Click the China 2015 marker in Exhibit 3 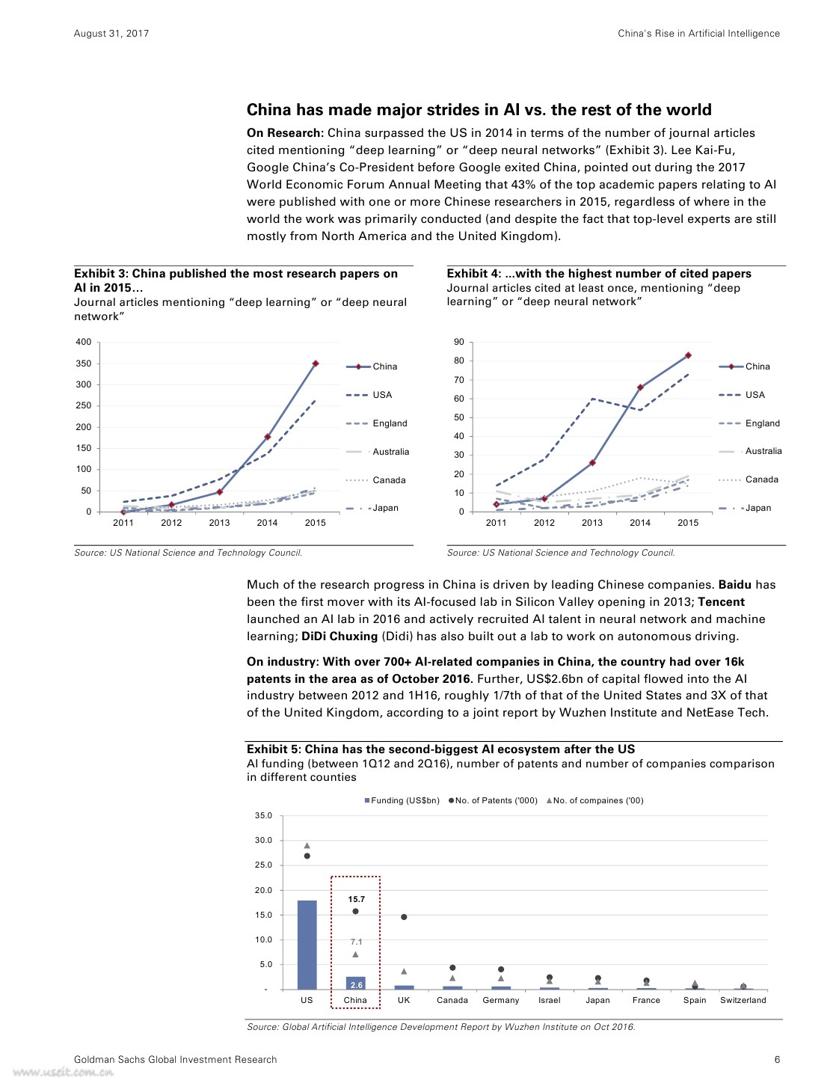[x=316, y=363]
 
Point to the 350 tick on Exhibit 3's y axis [x=84, y=363]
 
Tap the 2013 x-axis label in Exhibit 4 [x=591, y=523]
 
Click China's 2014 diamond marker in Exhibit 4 [x=640, y=387]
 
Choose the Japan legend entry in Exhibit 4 [x=757, y=508]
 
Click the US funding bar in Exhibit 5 [x=307, y=945]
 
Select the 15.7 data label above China [x=357, y=899]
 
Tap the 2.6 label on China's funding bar [x=357, y=985]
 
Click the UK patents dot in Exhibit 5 [x=404, y=917]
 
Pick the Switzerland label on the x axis [x=743, y=1000]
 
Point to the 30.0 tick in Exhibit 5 [x=264, y=840]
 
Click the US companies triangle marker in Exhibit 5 [x=307, y=846]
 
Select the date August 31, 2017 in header [x=111, y=34]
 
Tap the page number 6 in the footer [x=777, y=1059]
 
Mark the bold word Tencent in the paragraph [x=721, y=602]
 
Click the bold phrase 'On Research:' [x=285, y=133]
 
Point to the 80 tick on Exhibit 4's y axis [x=459, y=361]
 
